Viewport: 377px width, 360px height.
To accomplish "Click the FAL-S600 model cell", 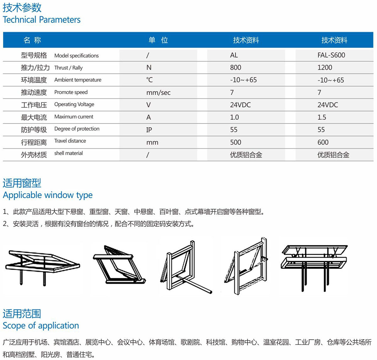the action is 331,55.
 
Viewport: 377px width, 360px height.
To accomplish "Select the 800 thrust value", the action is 236,68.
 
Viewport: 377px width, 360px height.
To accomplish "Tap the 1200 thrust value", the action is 325,68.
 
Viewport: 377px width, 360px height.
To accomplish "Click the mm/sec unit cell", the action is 158,93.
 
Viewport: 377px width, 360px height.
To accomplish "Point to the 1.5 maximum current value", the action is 322,117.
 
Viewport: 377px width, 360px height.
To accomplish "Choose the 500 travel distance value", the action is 236,142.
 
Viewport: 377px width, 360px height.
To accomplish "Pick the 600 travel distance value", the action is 323,142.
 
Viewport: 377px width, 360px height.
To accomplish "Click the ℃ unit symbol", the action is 150,80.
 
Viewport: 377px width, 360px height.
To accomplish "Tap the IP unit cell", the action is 149,130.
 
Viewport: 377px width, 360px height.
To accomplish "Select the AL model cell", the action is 234,55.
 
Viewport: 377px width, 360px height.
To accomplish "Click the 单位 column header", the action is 158,40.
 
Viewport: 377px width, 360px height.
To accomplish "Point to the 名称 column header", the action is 32,40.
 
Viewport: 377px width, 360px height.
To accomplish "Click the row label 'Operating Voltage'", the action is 74,104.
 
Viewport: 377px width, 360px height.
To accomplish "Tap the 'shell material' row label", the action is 68,153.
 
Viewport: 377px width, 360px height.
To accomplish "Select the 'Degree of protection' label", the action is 77,129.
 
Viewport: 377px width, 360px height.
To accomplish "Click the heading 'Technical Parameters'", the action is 41,19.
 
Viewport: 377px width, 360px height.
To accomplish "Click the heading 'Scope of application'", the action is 41,325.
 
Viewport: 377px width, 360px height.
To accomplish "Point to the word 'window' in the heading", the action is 59,195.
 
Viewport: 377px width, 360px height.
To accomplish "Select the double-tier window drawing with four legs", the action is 314,268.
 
